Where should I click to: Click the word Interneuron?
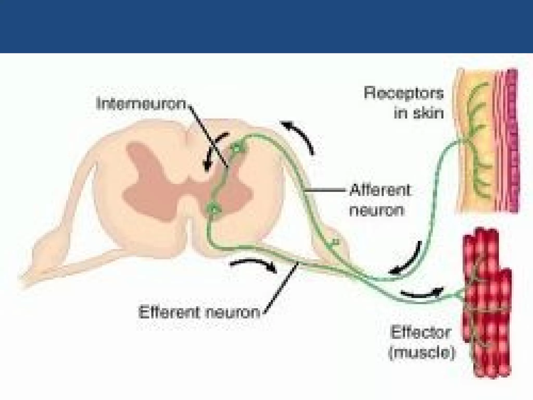[x=141, y=103]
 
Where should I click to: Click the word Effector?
[x=420, y=333]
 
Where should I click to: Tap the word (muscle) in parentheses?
[x=422, y=353]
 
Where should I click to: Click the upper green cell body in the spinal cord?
[x=237, y=149]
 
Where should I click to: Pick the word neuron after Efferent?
[x=233, y=312]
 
